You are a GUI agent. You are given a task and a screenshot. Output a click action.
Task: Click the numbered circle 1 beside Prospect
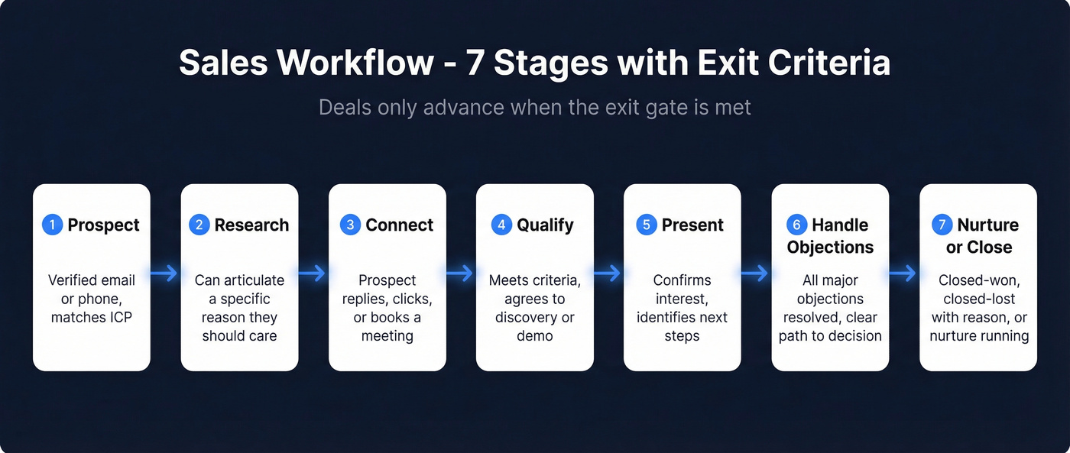point(53,225)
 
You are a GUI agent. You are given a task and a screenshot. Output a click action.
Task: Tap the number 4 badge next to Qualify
point(501,225)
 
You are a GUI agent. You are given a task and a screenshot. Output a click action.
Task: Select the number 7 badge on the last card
point(942,225)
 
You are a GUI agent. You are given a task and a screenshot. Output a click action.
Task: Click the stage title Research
point(251,225)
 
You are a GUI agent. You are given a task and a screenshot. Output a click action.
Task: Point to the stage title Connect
point(399,225)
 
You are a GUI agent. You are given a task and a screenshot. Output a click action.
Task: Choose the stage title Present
point(692,225)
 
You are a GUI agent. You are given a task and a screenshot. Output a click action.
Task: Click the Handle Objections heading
point(830,236)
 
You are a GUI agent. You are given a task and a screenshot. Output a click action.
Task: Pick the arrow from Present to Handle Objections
point(756,273)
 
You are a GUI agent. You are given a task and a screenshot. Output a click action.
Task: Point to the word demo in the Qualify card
point(535,335)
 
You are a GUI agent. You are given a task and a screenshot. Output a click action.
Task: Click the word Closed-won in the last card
point(978,280)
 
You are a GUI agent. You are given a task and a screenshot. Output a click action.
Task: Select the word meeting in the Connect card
point(387,335)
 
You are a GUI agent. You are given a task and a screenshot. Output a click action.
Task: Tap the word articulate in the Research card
point(255,280)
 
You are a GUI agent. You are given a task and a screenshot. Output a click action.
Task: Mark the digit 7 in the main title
point(475,63)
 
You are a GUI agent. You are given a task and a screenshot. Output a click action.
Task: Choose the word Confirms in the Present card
point(682,280)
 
